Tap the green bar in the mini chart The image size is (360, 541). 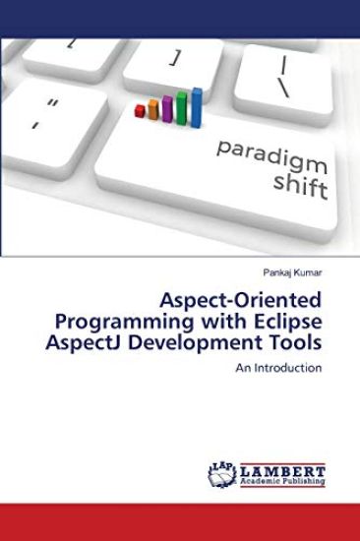[182, 109]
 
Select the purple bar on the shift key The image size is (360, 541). [167, 110]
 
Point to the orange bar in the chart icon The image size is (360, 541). [153, 112]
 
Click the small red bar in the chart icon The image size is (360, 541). [141, 113]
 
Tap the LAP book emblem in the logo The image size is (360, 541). [223, 474]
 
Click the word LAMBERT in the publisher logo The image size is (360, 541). [282, 471]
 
